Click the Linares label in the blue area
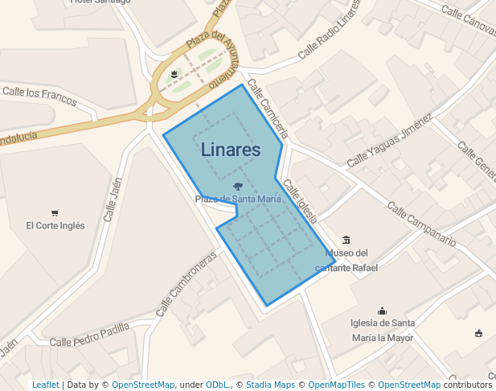(x=231, y=150)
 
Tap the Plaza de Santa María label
(x=238, y=199)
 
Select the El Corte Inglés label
(x=55, y=226)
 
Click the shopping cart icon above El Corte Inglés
(x=55, y=213)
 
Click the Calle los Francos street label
(x=39, y=96)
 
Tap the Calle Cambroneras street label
(x=187, y=285)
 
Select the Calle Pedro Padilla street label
(x=89, y=335)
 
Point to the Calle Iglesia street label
(x=301, y=200)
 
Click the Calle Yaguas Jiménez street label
(x=390, y=141)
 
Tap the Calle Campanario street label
(x=421, y=224)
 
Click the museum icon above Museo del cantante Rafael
(x=346, y=240)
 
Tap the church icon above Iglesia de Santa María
(x=382, y=311)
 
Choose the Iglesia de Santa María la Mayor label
(x=382, y=330)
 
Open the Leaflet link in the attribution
(x=46, y=385)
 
